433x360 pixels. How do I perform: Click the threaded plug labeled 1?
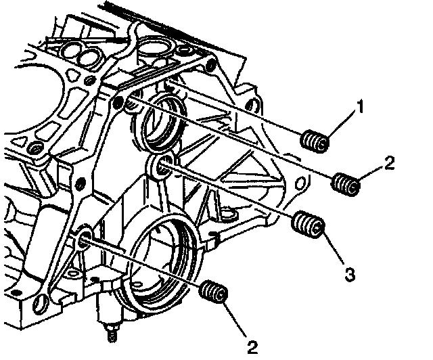coord(315,143)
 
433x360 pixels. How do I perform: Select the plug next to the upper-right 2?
coord(347,183)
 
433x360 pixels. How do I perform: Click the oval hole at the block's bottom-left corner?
coord(43,302)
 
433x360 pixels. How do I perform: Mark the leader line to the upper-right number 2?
coord(371,174)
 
